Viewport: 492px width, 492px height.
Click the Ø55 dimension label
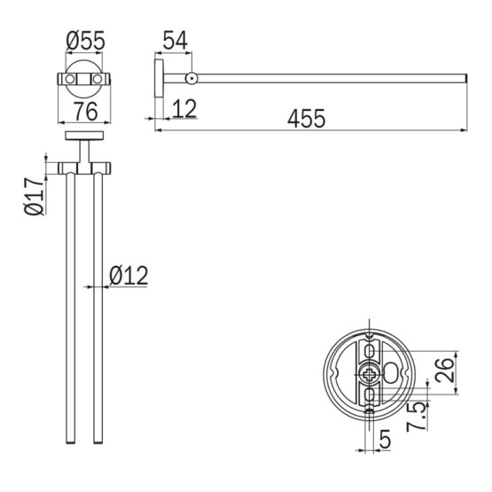click(85, 41)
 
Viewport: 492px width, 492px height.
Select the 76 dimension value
click(85, 112)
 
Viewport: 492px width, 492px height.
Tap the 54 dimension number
click(176, 40)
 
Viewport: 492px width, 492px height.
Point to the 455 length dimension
click(307, 119)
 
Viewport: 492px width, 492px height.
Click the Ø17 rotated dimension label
click(35, 196)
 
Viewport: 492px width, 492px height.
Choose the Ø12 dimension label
click(129, 276)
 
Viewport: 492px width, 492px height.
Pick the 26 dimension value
click(444, 371)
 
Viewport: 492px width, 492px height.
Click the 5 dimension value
click(385, 440)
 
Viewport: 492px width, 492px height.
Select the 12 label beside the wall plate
click(184, 108)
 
